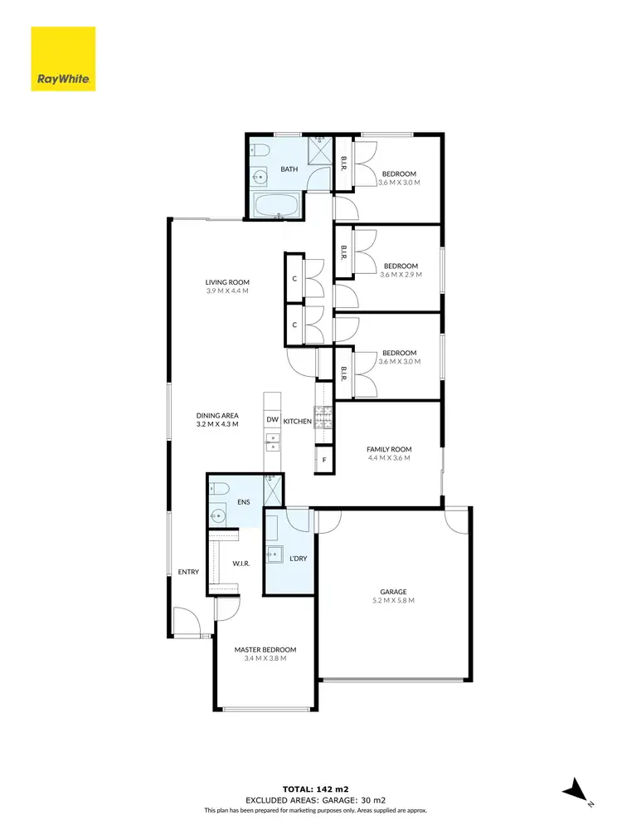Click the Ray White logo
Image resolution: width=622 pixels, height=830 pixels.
tap(63, 58)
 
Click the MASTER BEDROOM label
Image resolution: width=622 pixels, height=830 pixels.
tap(265, 650)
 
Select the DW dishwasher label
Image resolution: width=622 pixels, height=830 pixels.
tap(272, 421)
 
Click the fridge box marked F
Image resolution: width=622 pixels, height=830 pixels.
tap(324, 459)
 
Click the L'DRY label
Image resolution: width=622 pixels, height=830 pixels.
tap(298, 559)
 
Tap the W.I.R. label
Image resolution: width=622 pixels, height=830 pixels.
tap(241, 564)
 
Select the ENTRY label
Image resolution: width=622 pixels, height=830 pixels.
tap(187, 572)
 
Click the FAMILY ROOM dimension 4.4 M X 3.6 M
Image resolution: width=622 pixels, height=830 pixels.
tap(389, 458)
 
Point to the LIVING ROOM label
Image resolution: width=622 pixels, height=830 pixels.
tap(227, 282)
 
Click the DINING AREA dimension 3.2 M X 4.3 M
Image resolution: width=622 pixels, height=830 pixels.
tap(217, 424)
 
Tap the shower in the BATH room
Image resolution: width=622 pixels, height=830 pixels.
tap(319, 152)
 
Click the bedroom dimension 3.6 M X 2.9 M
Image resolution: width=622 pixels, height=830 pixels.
tap(401, 275)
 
